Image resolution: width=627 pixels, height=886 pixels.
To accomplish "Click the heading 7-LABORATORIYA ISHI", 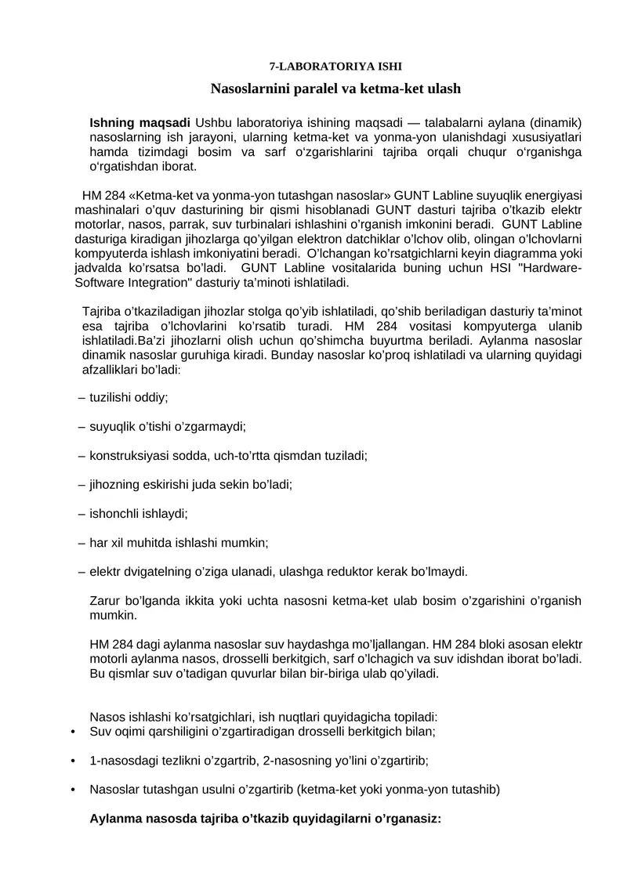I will coord(335,68).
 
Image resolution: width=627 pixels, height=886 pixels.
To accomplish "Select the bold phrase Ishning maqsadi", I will coord(140,123).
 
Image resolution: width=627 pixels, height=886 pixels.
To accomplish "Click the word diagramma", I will coord(531,254).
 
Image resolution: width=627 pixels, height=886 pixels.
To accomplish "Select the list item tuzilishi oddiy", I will coord(129,397).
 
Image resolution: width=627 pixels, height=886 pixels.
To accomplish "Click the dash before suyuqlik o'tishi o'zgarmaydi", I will coord(82,426).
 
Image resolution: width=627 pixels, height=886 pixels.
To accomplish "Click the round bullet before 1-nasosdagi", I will coord(73,760).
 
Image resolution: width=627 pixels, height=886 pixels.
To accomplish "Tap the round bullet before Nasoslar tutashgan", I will coord(73,789).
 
